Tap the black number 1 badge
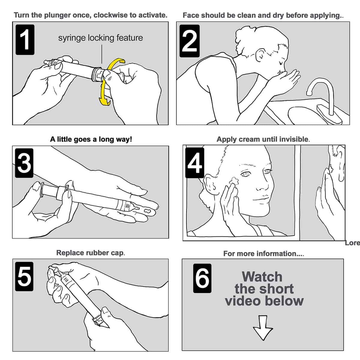click(25, 40)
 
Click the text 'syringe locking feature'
click(100, 38)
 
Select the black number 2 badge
click(189, 41)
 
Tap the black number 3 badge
click(24, 163)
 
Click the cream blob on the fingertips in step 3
click(148, 211)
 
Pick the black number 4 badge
click(195, 163)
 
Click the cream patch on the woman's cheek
click(235, 181)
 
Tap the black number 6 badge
click(202, 278)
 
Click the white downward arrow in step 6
click(263, 328)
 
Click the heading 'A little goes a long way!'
click(91, 139)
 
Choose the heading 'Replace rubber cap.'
click(91, 253)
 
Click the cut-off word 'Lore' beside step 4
click(352, 243)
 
